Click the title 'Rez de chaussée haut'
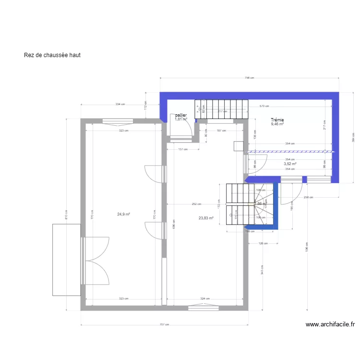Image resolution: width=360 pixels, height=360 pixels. coord(52,55)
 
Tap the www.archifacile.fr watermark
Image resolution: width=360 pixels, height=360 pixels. coord(330,324)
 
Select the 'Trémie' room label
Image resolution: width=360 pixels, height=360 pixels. coord(277,120)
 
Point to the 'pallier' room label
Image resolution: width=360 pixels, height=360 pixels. coord(180,115)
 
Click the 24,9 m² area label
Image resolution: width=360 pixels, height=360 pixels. coord(124,215)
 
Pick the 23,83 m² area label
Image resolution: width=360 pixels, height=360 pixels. coord(206,218)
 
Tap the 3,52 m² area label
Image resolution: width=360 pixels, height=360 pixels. coord(290,164)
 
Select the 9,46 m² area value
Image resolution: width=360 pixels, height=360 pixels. coord(277,124)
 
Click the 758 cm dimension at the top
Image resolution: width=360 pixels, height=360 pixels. coord(249,78)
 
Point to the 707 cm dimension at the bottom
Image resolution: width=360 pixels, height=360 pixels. coord(165,324)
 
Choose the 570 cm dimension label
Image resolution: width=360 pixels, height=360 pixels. coord(264,106)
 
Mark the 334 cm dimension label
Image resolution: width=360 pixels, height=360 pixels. coord(120,104)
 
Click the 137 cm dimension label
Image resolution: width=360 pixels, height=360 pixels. coord(182,149)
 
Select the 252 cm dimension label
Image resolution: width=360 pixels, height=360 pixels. coord(196,204)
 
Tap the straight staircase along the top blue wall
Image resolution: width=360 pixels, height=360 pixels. coord(221,109)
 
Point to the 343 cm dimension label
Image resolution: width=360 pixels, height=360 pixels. coord(263,270)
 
